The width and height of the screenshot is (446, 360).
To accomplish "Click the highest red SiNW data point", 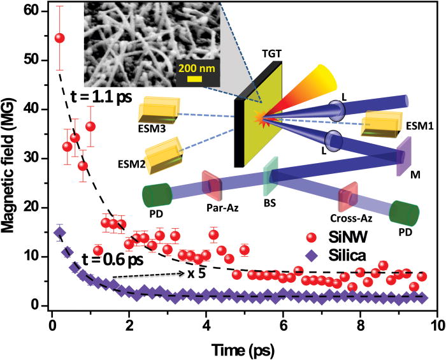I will (x=60, y=38).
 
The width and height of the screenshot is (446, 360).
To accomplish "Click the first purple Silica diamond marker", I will (x=59, y=233).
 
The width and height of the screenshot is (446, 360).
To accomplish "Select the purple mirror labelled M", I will (x=403, y=157).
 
